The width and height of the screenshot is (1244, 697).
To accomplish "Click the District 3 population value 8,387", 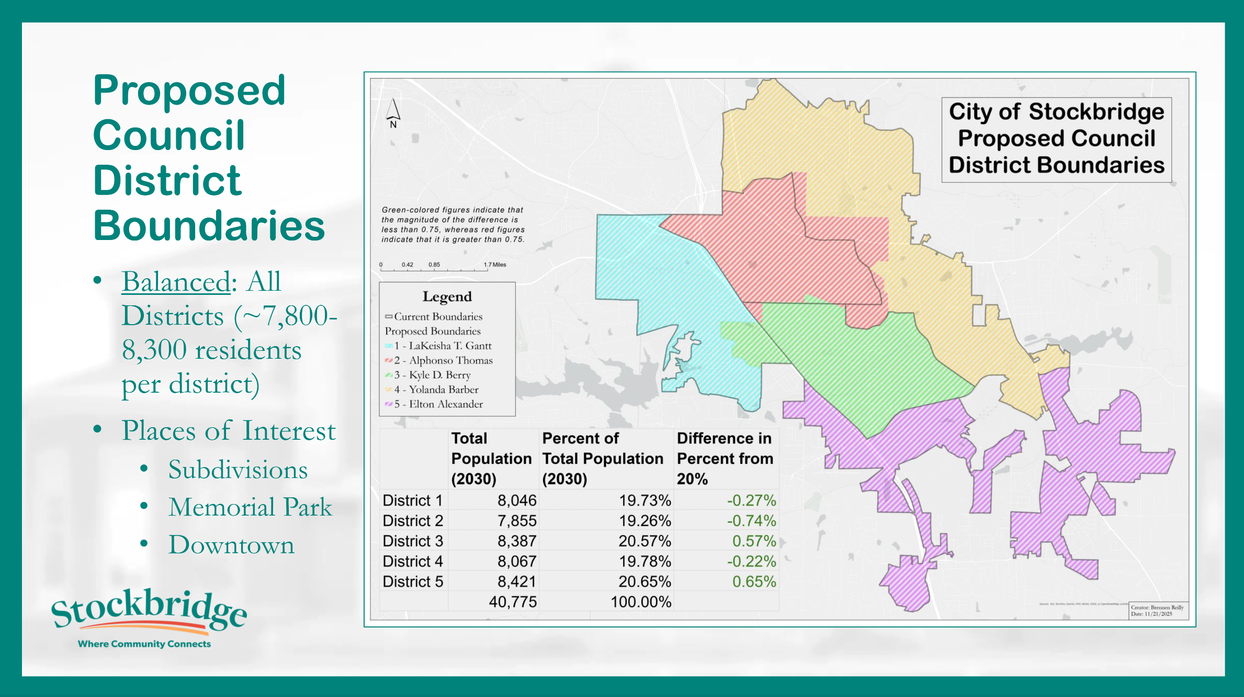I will [517, 541].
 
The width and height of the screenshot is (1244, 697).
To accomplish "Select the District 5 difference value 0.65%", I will [754, 581].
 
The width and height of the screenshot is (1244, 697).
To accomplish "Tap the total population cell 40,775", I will [513, 602].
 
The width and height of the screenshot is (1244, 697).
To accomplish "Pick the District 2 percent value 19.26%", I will [644, 521].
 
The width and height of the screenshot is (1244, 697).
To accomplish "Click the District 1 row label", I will [412, 500].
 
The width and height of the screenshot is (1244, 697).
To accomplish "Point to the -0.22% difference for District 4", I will [751, 561].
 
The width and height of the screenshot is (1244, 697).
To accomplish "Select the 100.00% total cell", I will [641, 602].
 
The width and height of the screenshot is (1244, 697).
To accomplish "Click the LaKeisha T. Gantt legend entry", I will [443, 346].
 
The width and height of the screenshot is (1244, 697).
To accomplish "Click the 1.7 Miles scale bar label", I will [495, 265].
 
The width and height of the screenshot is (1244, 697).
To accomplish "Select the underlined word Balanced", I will [176, 282].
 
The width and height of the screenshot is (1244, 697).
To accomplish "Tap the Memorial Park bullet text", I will [250, 507].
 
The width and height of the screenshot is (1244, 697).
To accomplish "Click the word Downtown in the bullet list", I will [231, 545].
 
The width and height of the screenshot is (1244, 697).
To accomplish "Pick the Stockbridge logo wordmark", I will [149, 609].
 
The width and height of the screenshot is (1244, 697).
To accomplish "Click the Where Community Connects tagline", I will [144, 644].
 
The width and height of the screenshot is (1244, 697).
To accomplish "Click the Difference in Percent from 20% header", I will [725, 458].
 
